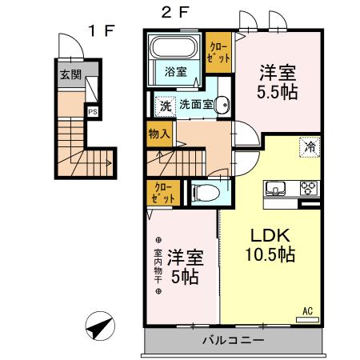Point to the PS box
[x=94, y=112]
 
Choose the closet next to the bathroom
[x=218, y=53]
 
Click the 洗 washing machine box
[x=164, y=104]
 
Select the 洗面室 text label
[x=194, y=104]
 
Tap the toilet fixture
[x=205, y=192]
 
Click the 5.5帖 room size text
[x=277, y=91]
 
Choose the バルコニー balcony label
[x=234, y=341]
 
